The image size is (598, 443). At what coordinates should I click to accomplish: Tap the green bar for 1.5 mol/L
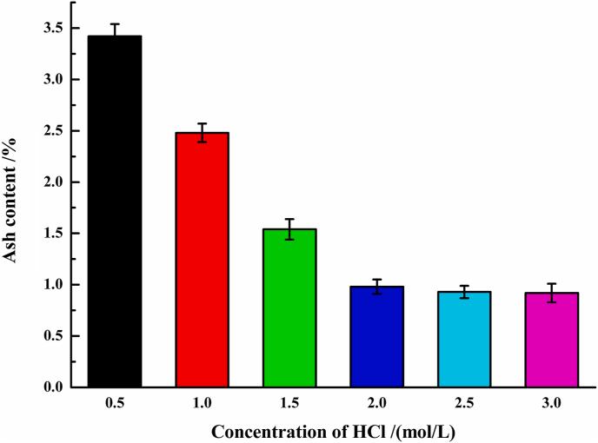click(289, 307)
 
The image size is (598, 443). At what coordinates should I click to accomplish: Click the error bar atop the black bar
click(115, 30)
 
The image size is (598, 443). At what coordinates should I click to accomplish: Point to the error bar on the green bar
click(289, 228)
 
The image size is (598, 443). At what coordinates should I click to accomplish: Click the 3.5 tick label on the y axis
click(53, 28)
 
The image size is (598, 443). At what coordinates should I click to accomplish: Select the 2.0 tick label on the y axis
click(53, 182)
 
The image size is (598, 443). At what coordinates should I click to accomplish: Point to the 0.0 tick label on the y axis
click(53, 387)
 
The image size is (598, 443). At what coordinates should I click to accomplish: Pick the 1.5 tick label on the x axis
click(289, 402)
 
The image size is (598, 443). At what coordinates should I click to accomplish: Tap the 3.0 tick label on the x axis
click(552, 402)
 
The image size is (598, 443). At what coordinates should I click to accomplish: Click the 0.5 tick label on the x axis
click(115, 402)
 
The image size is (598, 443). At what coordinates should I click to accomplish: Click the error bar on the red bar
click(202, 132)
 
